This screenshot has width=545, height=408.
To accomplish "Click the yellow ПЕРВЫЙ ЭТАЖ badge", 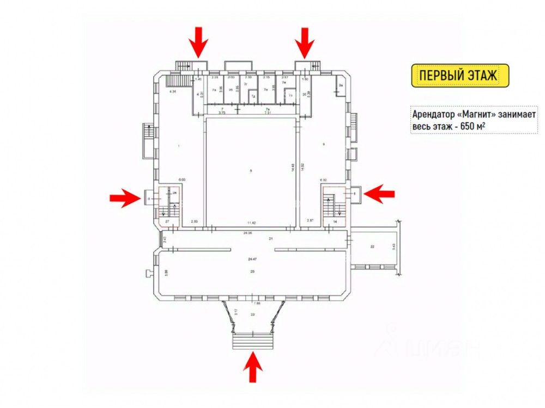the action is [x=459, y=76].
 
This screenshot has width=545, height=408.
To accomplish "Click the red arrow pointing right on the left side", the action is [x=125, y=198].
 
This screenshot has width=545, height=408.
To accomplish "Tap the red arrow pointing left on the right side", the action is [x=379, y=193].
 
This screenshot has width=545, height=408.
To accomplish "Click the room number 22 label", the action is [x=373, y=247].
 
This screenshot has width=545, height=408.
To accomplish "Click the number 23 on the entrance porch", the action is [x=252, y=315].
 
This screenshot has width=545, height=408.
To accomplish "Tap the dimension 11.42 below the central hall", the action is [x=251, y=223].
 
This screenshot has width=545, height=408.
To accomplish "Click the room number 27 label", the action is [x=167, y=222].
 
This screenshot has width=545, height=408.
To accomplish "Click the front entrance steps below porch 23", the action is [x=252, y=341].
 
